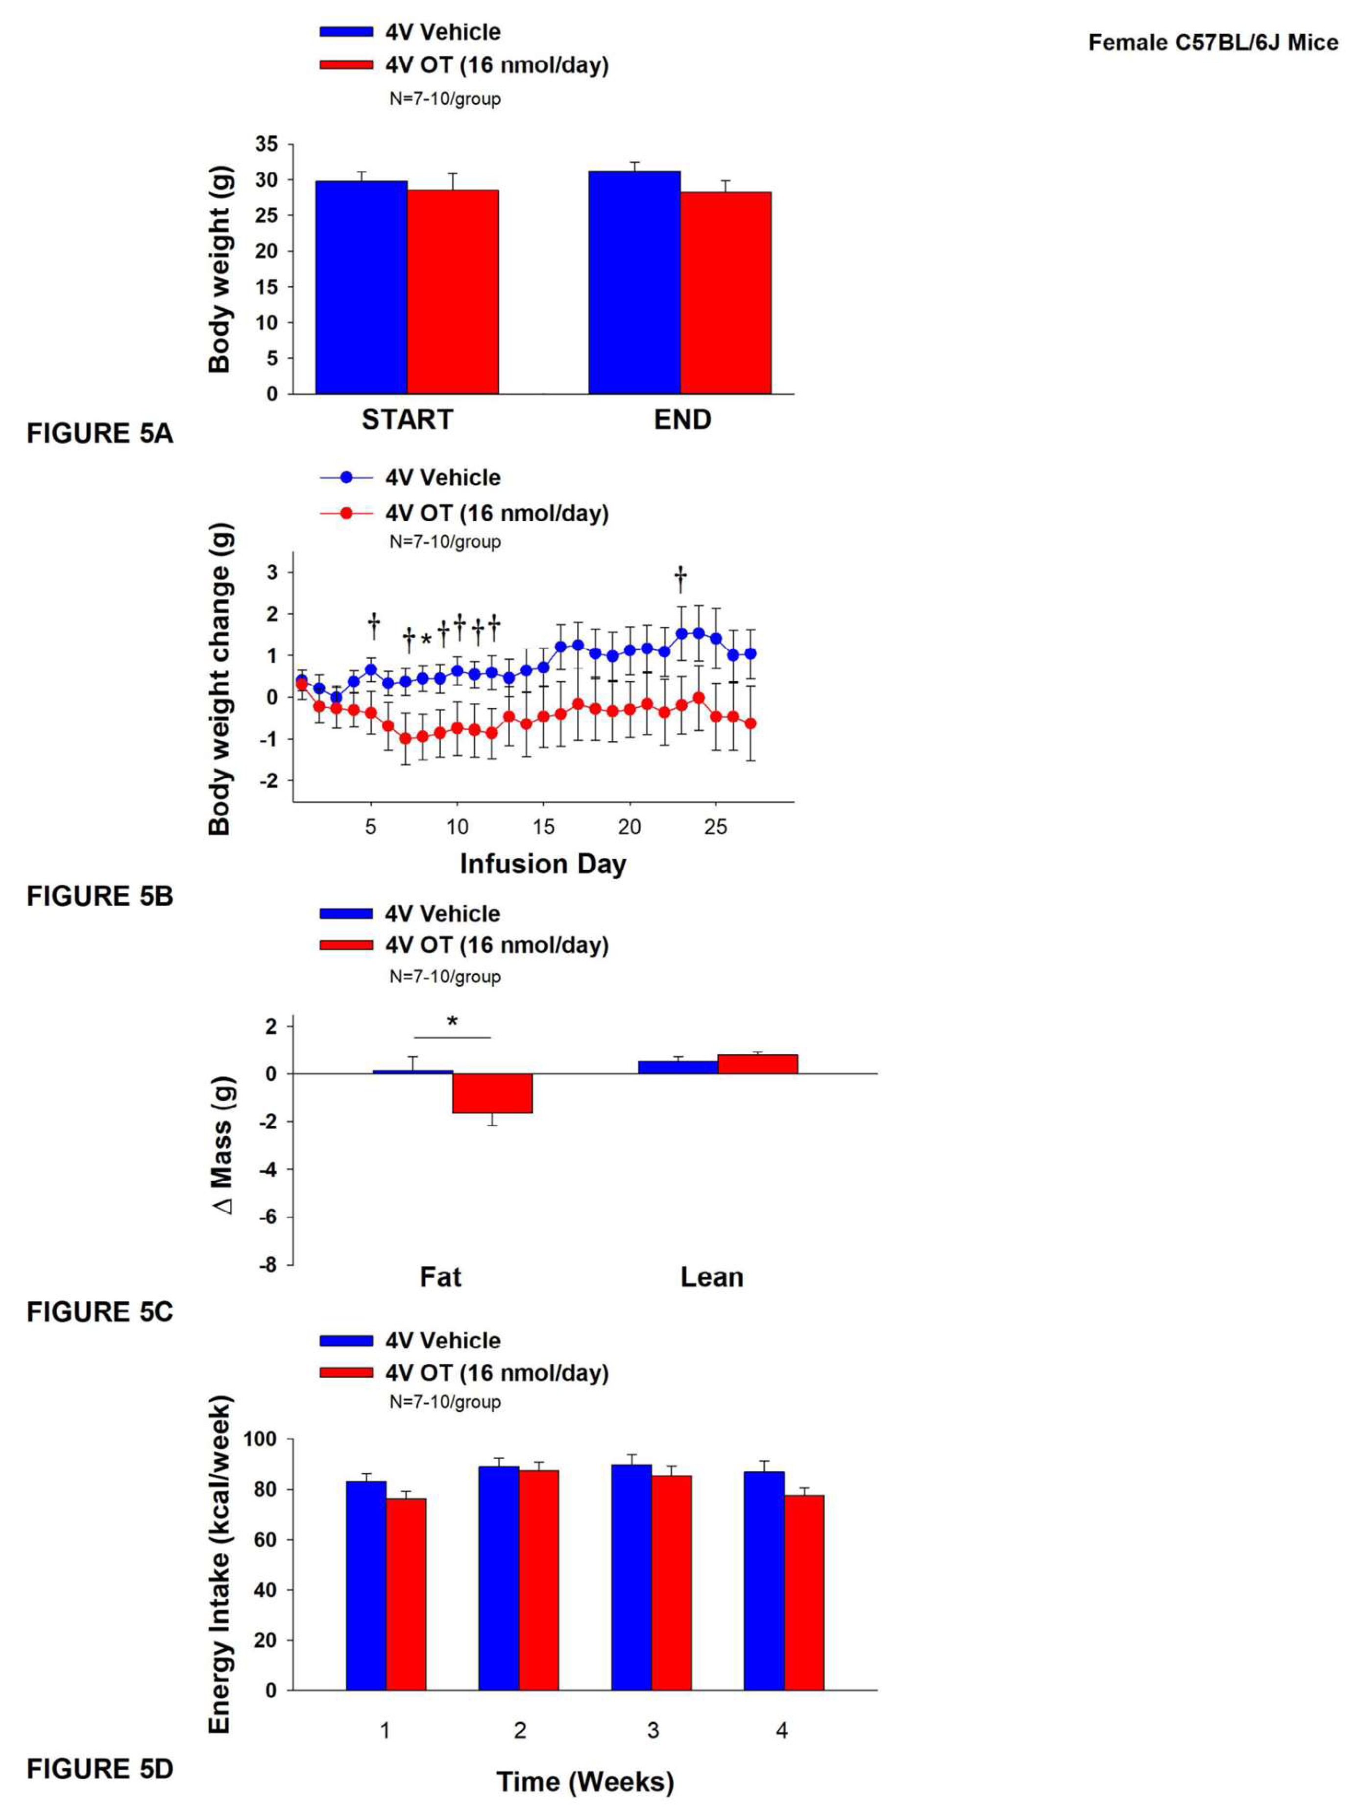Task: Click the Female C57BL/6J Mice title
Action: (x=1212, y=43)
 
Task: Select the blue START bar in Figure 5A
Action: (x=361, y=287)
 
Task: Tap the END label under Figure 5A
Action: (x=682, y=420)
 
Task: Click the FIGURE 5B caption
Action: (x=100, y=895)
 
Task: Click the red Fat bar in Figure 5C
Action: (x=492, y=1093)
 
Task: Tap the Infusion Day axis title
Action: (x=542, y=864)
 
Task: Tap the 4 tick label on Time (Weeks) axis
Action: (x=782, y=1730)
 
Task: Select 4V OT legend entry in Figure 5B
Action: (x=496, y=514)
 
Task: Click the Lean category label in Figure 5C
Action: (x=712, y=1277)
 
